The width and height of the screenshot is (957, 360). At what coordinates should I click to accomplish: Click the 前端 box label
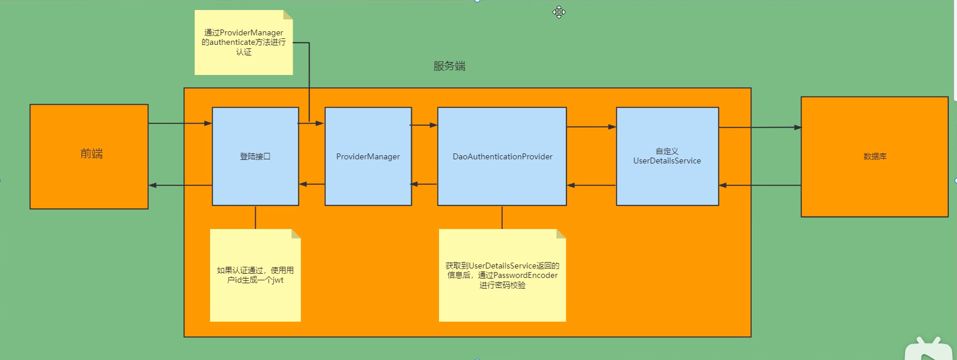point(91,154)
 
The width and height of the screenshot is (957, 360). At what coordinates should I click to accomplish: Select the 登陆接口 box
point(255,156)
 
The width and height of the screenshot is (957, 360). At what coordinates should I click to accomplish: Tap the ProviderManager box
point(368,156)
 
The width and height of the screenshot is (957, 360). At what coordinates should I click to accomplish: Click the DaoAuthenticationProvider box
point(502,156)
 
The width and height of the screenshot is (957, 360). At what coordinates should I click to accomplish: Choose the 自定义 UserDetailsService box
point(667,156)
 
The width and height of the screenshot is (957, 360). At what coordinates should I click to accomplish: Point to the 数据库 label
point(874,156)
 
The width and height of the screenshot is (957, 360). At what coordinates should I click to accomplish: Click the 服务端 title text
point(449,66)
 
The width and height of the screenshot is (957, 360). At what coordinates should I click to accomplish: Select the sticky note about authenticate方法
point(243,42)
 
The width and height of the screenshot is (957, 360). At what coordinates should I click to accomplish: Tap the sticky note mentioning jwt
point(255,275)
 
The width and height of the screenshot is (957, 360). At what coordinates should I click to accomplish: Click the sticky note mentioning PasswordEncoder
point(502,275)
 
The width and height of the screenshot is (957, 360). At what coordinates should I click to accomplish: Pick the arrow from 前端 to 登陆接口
point(180,123)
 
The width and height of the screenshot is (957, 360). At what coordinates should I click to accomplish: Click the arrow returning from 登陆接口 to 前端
point(180,185)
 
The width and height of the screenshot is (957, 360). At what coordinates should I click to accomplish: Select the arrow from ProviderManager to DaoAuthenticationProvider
point(424,125)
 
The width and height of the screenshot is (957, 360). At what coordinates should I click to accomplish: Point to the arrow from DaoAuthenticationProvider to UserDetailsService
point(591,127)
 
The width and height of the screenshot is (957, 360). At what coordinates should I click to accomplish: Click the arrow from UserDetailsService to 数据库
point(760,127)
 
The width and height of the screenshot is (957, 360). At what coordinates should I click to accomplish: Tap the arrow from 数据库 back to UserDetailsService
point(760,185)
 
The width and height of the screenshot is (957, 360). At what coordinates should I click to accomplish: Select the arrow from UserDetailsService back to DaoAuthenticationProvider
point(591,185)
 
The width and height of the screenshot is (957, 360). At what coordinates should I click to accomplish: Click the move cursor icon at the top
point(559,12)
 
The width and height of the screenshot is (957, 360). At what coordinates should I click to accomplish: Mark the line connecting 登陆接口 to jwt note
point(255,217)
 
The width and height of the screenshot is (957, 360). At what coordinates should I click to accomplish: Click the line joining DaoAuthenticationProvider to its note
point(502,217)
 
